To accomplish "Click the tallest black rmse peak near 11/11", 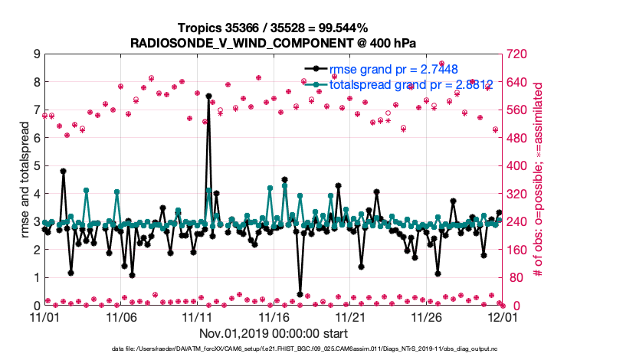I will (208, 97).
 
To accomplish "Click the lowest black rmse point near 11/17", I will (300, 294).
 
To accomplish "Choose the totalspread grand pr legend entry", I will (405, 84).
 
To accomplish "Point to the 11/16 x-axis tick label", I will (274, 316).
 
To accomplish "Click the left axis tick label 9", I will (36, 54).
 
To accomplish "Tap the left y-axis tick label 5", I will (36, 166).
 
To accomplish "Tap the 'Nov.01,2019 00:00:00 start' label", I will (274, 333).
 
